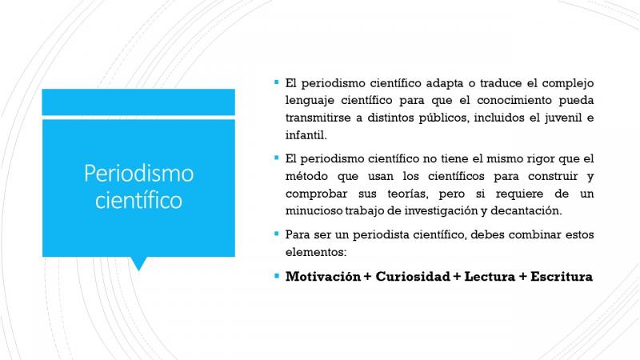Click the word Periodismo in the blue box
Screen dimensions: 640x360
coord(138,174)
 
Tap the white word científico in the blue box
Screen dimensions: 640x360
coord(138,201)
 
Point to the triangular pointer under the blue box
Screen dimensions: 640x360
coord(138,263)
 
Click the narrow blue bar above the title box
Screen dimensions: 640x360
coord(138,102)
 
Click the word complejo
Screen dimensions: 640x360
coord(568,84)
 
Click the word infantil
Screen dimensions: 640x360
coord(306,135)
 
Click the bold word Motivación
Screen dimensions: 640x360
coord(323,277)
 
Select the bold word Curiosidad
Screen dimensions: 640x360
coord(413,277)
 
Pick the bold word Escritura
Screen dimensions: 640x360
coord(562,277)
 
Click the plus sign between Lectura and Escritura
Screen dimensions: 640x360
coord(523,277)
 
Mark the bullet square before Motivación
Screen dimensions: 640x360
coord(277,276)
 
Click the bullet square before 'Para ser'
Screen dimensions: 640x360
coord(277,234)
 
